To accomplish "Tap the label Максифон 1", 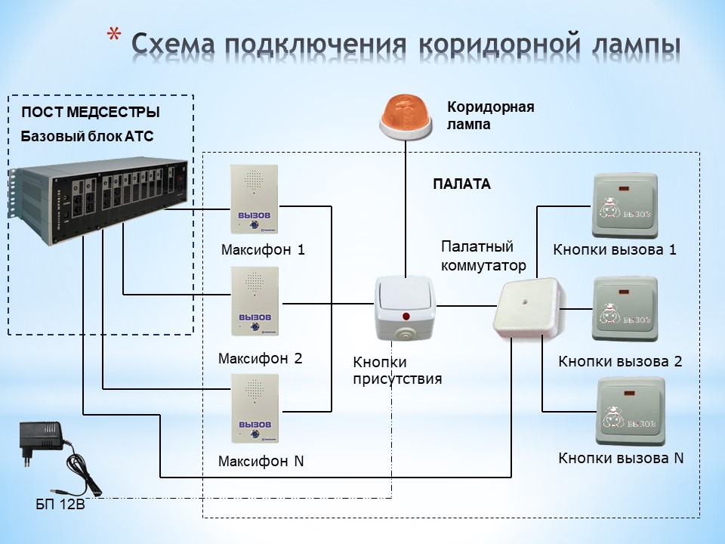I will tap(263, 249).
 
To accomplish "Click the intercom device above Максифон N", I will tap(256, 408).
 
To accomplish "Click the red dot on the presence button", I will tap(406, 316).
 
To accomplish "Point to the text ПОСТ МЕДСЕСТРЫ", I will tap(90, 113).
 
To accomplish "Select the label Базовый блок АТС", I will tap(86, 137).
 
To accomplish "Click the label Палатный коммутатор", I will tap(482, 256).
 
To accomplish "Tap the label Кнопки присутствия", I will tap(396, 370).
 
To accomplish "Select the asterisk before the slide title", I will tap(114, 38).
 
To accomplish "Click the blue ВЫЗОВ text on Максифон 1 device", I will tap(255, 215).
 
